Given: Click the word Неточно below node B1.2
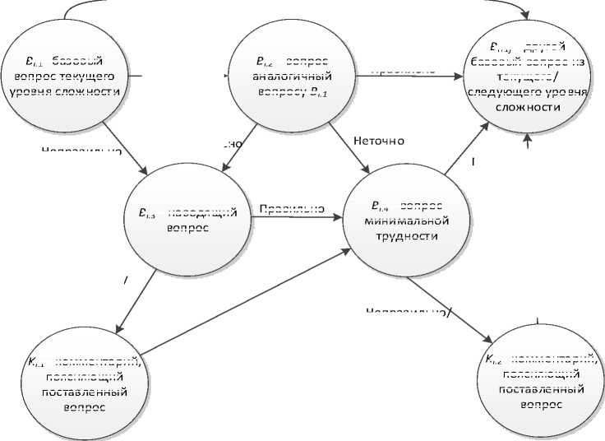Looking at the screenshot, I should pos(379,141).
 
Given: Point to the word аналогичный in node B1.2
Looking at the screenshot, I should pos(292,77).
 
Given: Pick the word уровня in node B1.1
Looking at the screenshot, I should pos(28,91).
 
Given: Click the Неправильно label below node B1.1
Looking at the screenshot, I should pos(82,151).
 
